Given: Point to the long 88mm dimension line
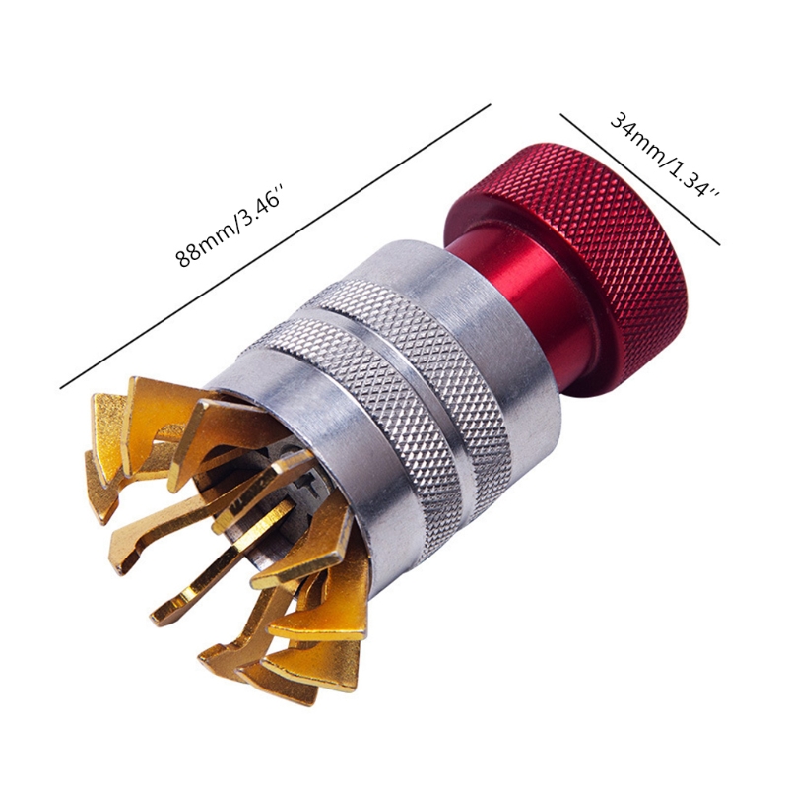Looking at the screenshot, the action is (x=275, y=246).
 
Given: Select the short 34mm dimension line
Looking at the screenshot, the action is (x=640, y=180).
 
